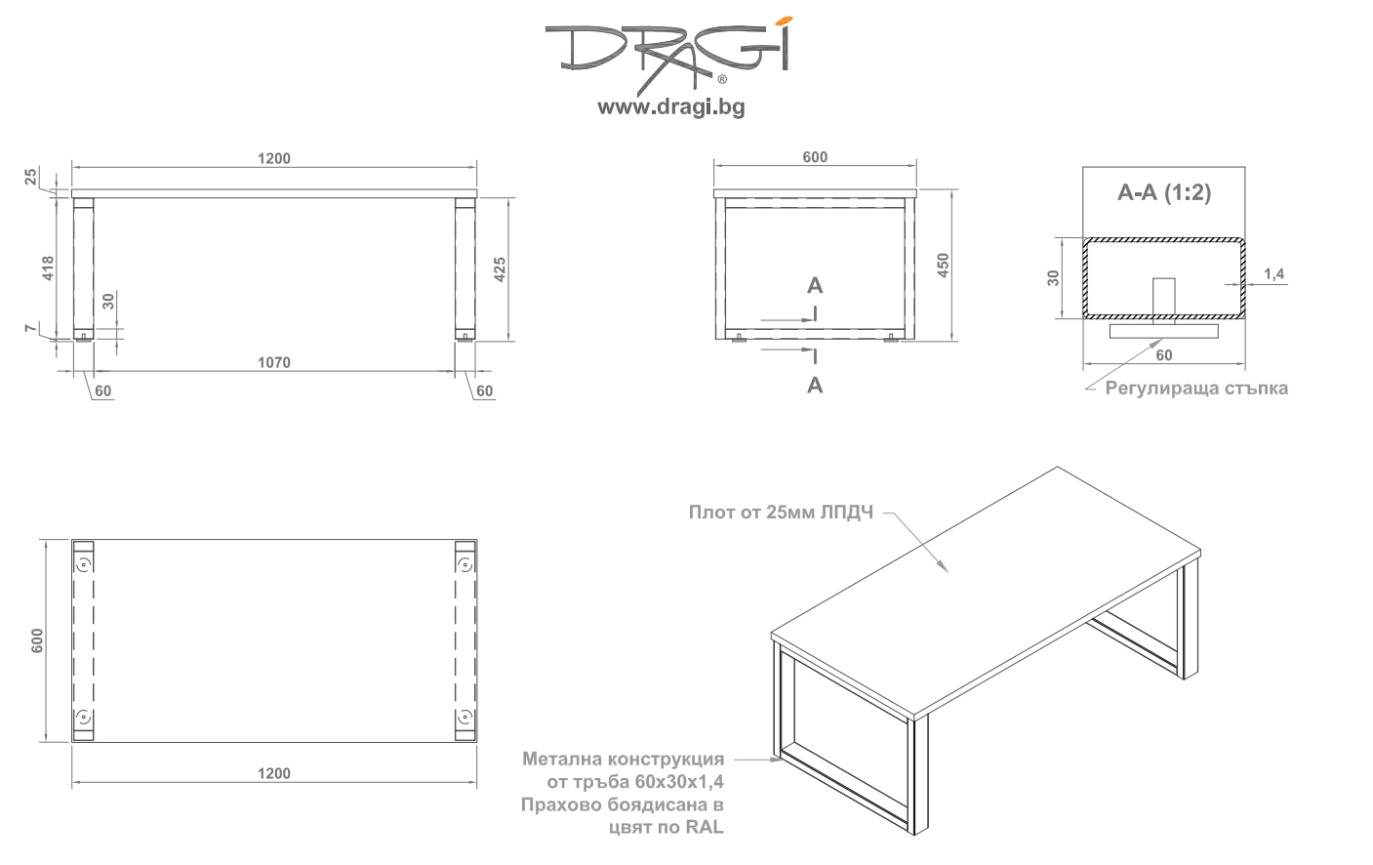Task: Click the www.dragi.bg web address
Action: pos(671,107)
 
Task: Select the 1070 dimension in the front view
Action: pos(274,362)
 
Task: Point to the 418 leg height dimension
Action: pos(48,268)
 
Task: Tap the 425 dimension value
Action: pos(500,269)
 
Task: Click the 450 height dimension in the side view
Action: pos(944,266)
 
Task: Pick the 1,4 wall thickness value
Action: pos(1273,273)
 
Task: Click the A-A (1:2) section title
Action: pos(1164,192)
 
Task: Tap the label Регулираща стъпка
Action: pos(1196,388)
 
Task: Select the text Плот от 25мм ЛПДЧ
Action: pos(781,512)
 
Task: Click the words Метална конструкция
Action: pos(624,759)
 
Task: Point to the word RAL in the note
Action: pos(705,827)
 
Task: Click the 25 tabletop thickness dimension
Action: pos(30,177)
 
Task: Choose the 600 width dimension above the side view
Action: pos(815,157)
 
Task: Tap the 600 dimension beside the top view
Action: pos(37,640)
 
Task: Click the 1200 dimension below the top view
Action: pos(274,773)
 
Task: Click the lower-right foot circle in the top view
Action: pos(464,717)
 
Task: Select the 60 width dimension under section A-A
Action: pos(1164,355)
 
